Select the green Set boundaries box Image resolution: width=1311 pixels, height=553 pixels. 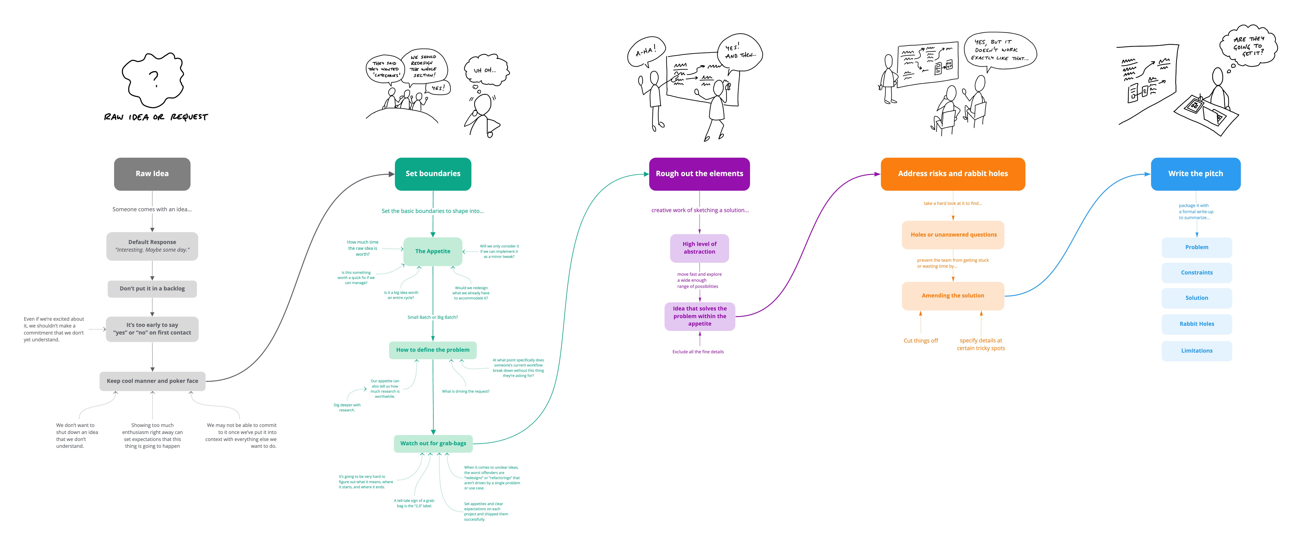tap(433, 174)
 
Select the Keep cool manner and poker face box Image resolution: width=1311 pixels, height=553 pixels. tap(152, 381)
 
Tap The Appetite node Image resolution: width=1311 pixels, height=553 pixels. tap(433, 251)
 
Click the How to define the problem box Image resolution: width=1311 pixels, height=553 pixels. tap(433, 350)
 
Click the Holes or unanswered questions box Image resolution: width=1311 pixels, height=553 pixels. tap(953, 235)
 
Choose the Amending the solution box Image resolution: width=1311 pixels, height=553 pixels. tap(953, 296)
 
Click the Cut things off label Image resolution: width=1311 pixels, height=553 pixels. tap(920, 341)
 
